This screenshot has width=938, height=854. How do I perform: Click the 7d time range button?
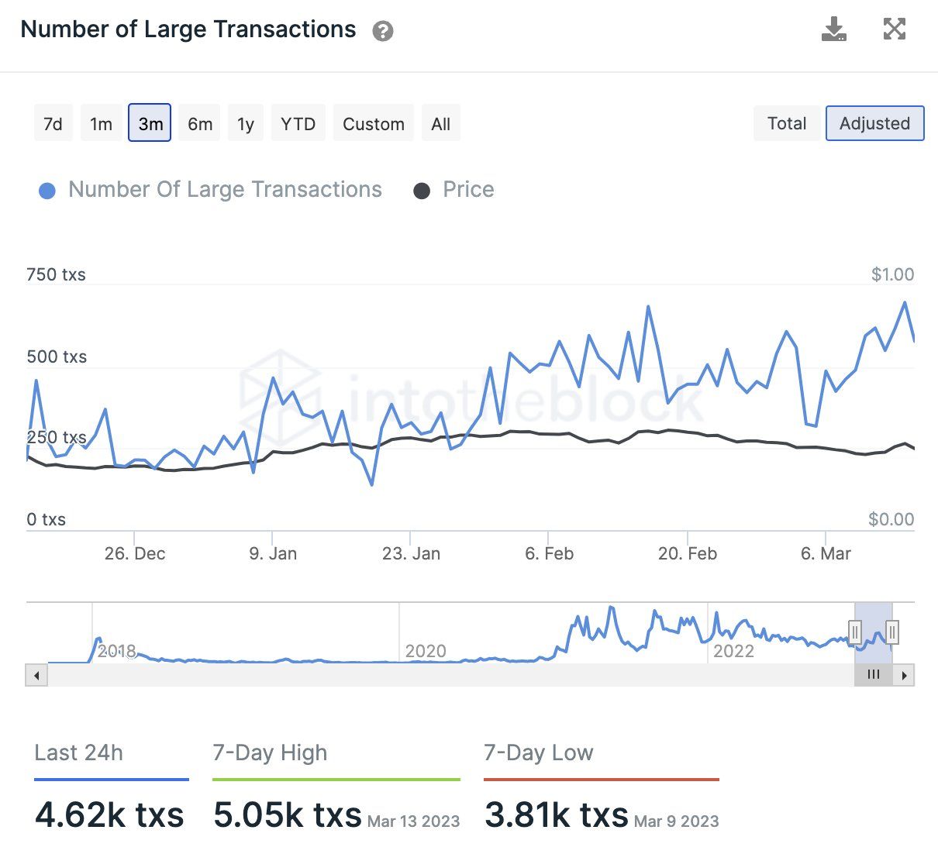pos(53,124)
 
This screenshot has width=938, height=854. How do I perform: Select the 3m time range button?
pos(150,124)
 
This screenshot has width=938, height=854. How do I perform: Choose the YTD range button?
pos(298,124)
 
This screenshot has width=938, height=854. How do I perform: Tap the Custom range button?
pos(373,124)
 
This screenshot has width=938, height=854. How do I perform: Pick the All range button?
pos(440,124)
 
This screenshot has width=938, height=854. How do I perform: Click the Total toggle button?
pos(786,123)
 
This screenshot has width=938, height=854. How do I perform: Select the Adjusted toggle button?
pos(874,123)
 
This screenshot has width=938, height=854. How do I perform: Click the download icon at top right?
pos(833,29)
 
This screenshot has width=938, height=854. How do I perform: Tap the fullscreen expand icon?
pos(895,29)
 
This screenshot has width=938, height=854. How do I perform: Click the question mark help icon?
pos(383,31)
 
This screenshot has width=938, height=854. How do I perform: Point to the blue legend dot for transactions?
pos(47,191)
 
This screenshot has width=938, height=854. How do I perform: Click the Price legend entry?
pos(467,190)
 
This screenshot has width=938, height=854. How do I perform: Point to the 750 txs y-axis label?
pos(56,274)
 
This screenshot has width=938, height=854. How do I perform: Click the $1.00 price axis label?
pos(892,274)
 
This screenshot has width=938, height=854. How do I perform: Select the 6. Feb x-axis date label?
pos(549,553)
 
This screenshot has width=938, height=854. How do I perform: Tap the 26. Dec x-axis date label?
pos(135,553)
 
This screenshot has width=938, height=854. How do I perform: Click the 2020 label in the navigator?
pos(426,651)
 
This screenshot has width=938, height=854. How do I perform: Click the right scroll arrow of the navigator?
pos(904,675)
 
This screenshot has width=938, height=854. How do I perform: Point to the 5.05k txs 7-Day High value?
pos(288,815)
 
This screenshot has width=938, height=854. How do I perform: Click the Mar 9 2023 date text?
pos(676,821)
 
